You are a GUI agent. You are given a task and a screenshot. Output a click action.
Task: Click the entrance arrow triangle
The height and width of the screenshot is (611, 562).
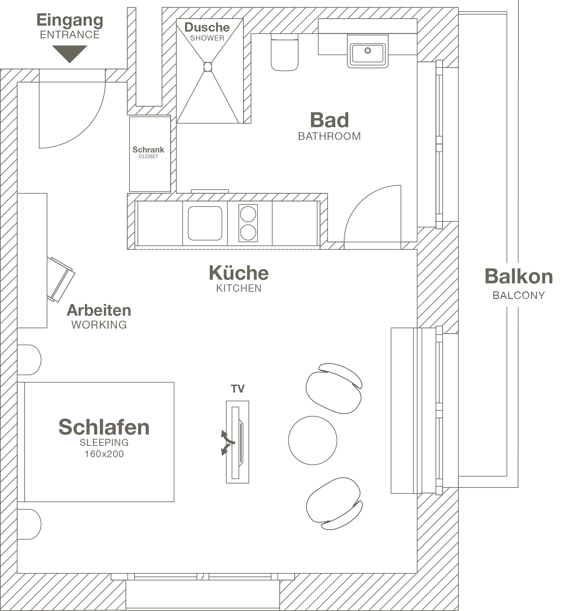(70, 53)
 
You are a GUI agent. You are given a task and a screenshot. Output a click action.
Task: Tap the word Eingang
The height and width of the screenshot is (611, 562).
(70, 20)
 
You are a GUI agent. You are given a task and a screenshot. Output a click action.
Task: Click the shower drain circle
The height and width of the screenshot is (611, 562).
(208, 67)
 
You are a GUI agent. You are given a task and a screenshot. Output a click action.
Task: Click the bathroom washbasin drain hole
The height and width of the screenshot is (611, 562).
(368, 51)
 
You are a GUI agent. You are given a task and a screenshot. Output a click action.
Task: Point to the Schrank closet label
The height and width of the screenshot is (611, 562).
(148, 150)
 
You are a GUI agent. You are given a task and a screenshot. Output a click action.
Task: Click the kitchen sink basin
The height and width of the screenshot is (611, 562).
(205, 223)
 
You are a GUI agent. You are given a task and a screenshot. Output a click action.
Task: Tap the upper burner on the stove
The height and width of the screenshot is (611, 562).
(248, 214)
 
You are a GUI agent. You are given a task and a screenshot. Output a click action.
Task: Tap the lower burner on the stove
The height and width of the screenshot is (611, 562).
(248, 232)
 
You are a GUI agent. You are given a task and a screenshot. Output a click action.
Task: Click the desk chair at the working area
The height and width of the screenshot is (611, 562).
(61, 279)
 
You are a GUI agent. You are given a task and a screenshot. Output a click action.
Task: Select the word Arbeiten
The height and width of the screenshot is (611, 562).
(99, 310)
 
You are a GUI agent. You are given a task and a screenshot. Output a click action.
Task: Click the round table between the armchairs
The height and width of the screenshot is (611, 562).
(313, 440)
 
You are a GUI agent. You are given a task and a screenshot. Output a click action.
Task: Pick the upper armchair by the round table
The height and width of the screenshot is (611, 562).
(334, 388)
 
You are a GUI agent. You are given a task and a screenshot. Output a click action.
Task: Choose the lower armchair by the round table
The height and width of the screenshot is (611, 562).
(334, 503)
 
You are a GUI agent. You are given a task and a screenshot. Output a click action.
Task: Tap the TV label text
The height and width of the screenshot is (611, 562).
(238, 389)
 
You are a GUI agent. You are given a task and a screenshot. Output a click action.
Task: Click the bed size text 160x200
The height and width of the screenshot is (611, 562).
(104, 454)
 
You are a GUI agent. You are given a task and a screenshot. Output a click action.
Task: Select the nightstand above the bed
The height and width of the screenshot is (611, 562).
(29, 360)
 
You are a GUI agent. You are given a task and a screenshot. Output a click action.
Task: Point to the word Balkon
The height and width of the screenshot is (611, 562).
(518, 277)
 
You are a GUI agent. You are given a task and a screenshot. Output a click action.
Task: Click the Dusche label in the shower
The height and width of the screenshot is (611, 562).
(207, 27)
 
